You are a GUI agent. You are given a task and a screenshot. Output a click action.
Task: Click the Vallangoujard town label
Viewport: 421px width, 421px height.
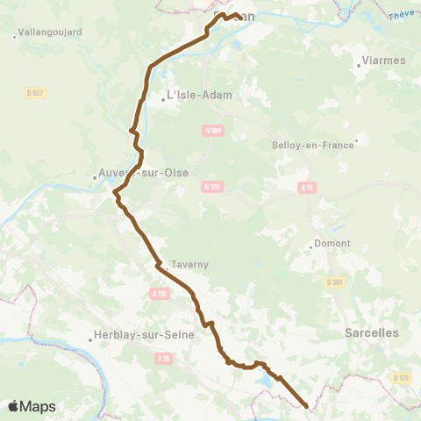[49, 32]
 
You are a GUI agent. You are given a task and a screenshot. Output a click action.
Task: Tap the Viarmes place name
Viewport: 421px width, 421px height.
[382, 61]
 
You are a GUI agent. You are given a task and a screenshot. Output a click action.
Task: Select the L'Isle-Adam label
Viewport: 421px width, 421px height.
[198, 96]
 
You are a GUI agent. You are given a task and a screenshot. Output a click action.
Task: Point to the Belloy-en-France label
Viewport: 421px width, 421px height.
[312, 145]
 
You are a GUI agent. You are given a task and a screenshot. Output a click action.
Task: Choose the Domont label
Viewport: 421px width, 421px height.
[332, 243]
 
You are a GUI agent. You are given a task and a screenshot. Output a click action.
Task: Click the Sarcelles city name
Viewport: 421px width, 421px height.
[371, 332]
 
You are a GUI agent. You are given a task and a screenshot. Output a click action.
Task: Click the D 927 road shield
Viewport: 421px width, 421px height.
[35, 92]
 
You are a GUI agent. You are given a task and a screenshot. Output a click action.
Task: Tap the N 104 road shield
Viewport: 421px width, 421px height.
[211, 186]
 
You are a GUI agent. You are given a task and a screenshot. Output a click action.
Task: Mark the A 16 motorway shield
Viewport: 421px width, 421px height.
[306, 187]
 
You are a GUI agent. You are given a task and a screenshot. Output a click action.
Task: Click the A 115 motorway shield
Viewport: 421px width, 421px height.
[159, 294]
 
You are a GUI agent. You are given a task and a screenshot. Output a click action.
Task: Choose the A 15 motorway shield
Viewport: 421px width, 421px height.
[163, 358]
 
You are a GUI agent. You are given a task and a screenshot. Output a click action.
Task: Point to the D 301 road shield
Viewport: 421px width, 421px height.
[334, 282]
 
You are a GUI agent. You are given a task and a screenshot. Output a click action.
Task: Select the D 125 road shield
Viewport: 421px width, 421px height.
[400, 377]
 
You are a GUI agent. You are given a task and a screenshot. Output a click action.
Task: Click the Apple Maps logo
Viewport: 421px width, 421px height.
[32, 406]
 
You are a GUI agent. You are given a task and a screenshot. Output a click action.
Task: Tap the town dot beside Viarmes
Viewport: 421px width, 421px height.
[360, 65]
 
